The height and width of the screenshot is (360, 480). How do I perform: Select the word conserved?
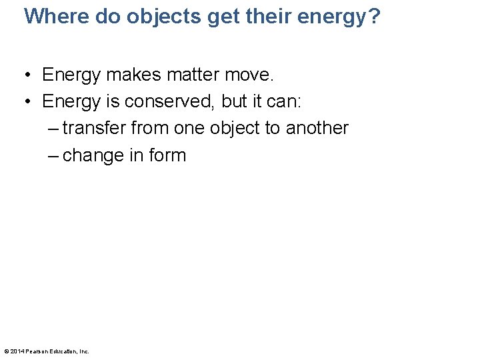tap(160, 101)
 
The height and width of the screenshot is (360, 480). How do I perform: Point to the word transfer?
tap(94, 128)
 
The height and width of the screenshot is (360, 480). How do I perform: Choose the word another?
tap(317, 128)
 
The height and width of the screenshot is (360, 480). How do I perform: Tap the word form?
tap(168, 155)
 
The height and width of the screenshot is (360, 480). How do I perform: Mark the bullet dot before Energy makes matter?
tap(29, 75)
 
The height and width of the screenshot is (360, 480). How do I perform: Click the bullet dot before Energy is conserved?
tap(29, 102)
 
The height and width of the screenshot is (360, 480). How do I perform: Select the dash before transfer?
tap(53, 129)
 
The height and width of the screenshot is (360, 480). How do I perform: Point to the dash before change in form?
tap(53, 156)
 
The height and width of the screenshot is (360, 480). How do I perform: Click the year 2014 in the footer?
tap(17, 351)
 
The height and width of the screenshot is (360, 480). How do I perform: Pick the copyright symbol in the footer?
tap(6, 351)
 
